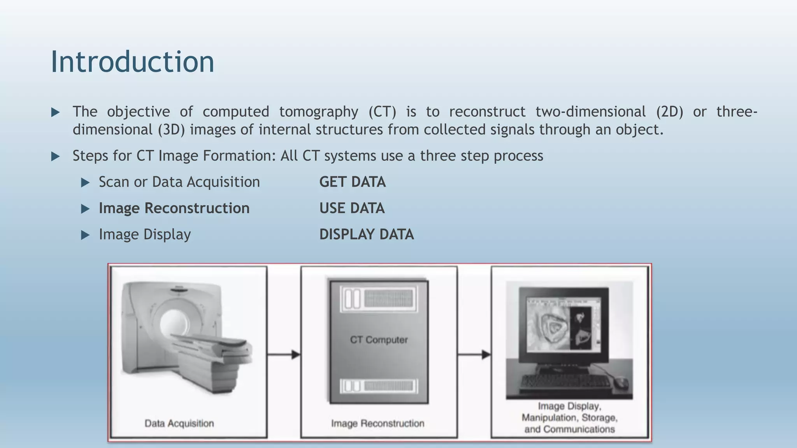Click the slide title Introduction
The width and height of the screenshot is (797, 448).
click(132, 62)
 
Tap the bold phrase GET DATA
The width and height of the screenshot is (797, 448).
click(352, 182)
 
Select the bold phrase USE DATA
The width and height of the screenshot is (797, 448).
click(352, 208)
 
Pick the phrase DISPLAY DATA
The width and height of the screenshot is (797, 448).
click(366, 234)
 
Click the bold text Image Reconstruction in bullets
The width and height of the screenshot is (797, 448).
click(174, 208)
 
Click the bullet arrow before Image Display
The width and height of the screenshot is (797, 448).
click(85, 235)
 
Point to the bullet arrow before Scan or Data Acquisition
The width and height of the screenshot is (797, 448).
click(85, 182)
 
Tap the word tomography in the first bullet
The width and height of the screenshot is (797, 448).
click(318, 112)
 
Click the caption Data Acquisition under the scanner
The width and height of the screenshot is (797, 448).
click(179, 423)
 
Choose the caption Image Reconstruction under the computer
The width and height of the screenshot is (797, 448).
click(377, 423)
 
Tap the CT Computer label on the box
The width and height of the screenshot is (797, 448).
click(379, 340)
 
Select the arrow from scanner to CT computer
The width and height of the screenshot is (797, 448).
click(284, 355)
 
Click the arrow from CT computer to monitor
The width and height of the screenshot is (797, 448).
click(474, 355)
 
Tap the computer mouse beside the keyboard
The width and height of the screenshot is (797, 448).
click(621, 383)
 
